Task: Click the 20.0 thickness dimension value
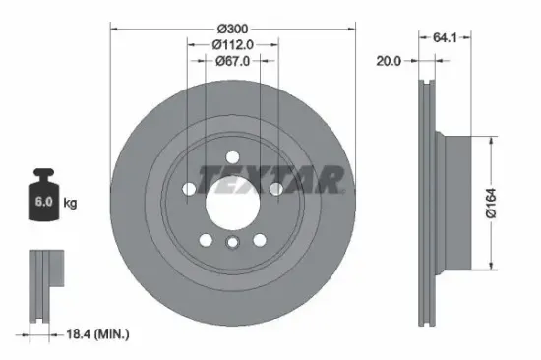pyautogui.click(x=390, y=61)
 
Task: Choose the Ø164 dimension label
pyautogui.click(x=500, y=204)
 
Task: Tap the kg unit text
pyautogui.click(x=71, y=204)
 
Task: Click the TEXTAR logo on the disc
pyautogui.click(x=270, y=179)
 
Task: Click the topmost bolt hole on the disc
pyautogui.click(x=230, y=155)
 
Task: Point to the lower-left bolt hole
pyautogui.click(x=204, y=238)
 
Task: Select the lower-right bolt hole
pyautogui.click(x=258, y=238)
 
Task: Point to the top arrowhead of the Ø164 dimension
pyautogui.click(x=489, y=139)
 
